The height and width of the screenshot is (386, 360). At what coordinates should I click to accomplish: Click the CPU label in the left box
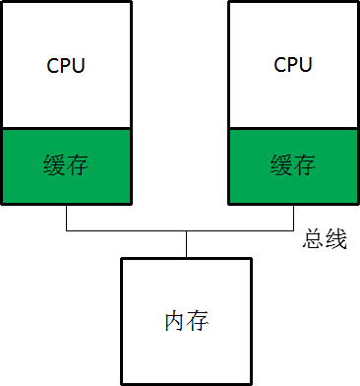pyautogui.click(x=66, y=66)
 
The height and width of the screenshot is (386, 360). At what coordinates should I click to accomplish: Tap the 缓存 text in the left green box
pyautogui.click(x=67, y=163)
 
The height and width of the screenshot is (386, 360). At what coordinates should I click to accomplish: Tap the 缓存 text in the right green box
pyautogui.click(x=293, y=163)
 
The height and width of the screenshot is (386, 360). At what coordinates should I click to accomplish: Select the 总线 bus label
pyautogui.click(x=325, y=240)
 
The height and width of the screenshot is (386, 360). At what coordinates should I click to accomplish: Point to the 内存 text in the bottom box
pyautogui.click(x=187, y=321)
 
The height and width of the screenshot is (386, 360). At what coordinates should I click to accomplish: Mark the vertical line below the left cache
pyautogui.click(x=66, y=217)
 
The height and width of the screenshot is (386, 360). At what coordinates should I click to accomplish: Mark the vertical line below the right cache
pyautogui.click(x=293, y=217)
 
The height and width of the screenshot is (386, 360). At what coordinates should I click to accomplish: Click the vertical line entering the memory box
pyautogui.click(x=186, y=245)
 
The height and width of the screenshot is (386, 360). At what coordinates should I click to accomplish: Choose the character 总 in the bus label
pyautogui.click(x=314, y=240)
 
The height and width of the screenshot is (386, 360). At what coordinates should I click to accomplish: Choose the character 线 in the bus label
pyautogui.click(x=335, y=240)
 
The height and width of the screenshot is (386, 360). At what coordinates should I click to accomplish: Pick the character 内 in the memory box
pyautogui.click(x=175, y=321)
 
